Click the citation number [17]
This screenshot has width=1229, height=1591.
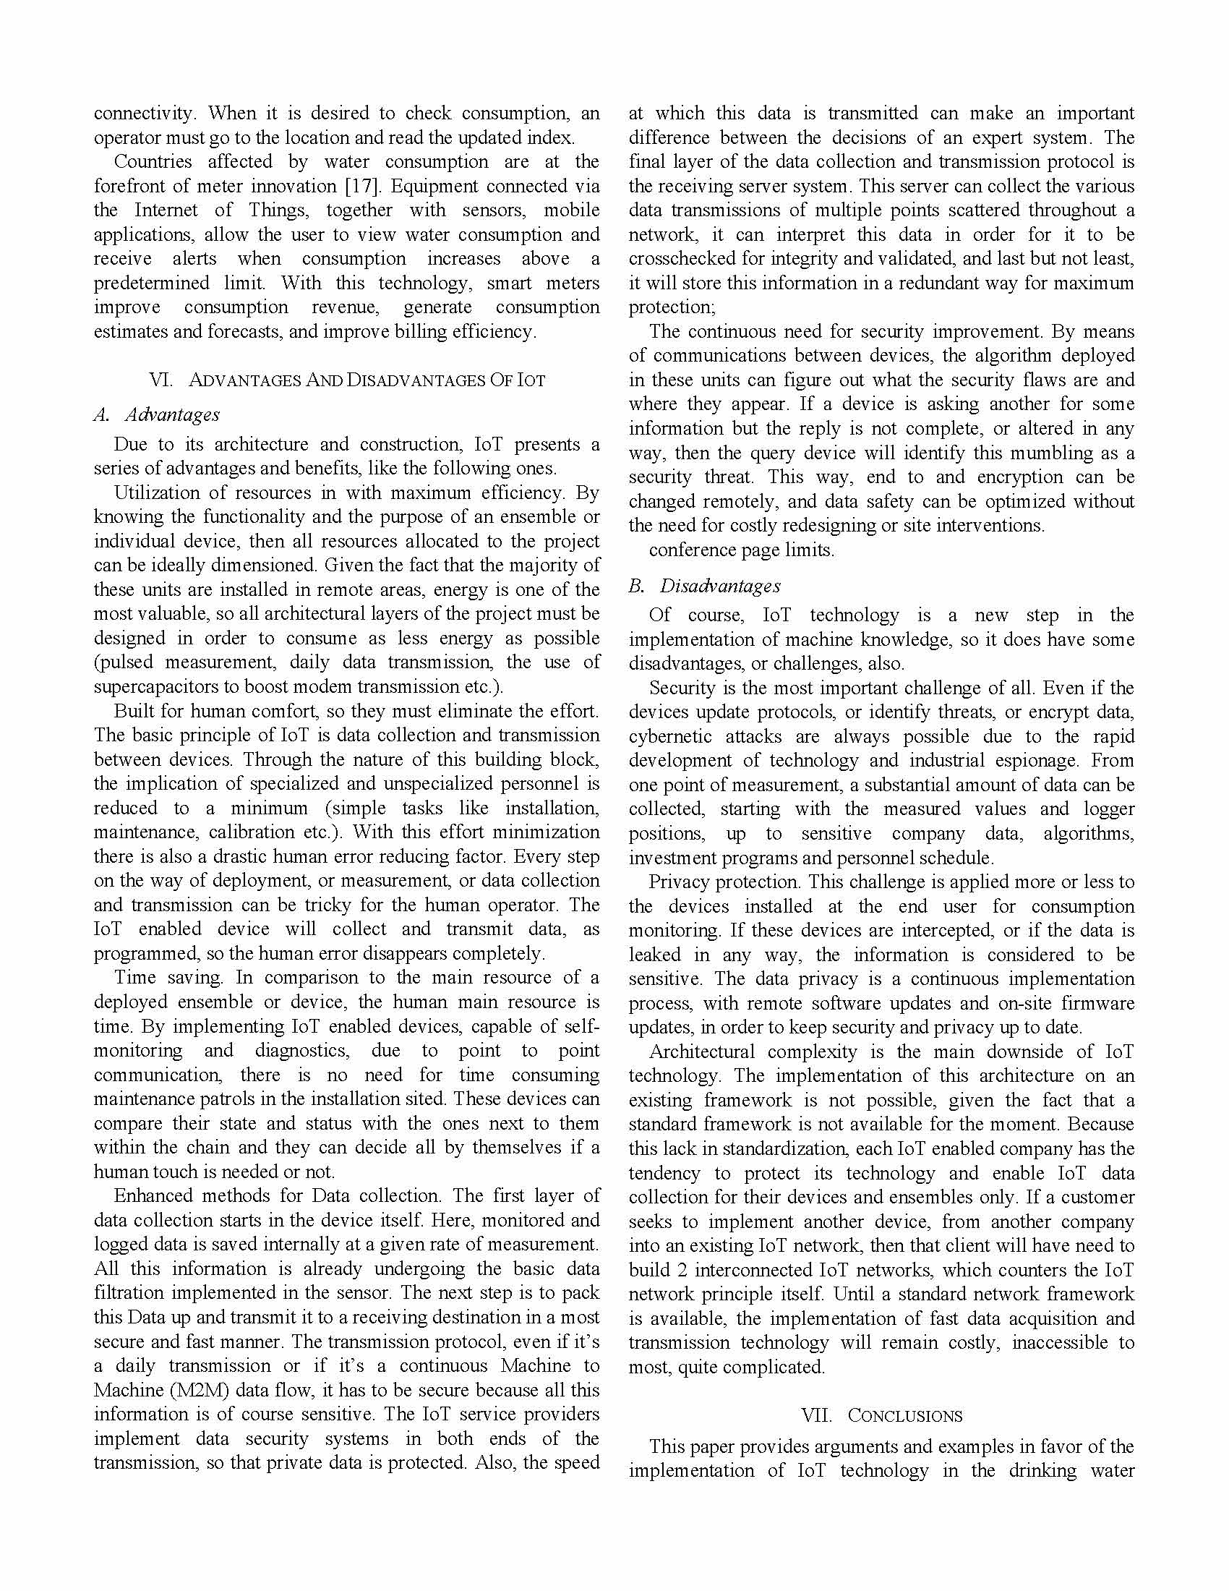[363, 187]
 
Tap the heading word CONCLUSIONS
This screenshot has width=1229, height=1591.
[905, 1416]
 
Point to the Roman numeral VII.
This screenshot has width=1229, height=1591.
[815, 1416]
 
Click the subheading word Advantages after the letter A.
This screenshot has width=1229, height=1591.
[173, 414]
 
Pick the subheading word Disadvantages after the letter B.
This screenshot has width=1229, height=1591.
[719, 586]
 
